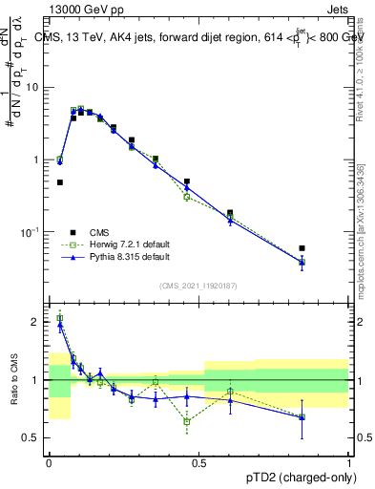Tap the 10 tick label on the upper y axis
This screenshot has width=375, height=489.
[x=32, y=87]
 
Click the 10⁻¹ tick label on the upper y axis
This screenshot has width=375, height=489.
[x=31, y=232]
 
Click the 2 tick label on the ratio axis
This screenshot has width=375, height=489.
[x=35, y=322]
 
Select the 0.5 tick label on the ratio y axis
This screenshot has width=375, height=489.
[x=31, y=437]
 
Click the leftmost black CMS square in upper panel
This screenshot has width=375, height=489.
[x=59, y=181]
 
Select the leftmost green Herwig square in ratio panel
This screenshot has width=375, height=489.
[x=59, y=318]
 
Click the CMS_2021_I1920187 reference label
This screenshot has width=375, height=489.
[x=198, y=286]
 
